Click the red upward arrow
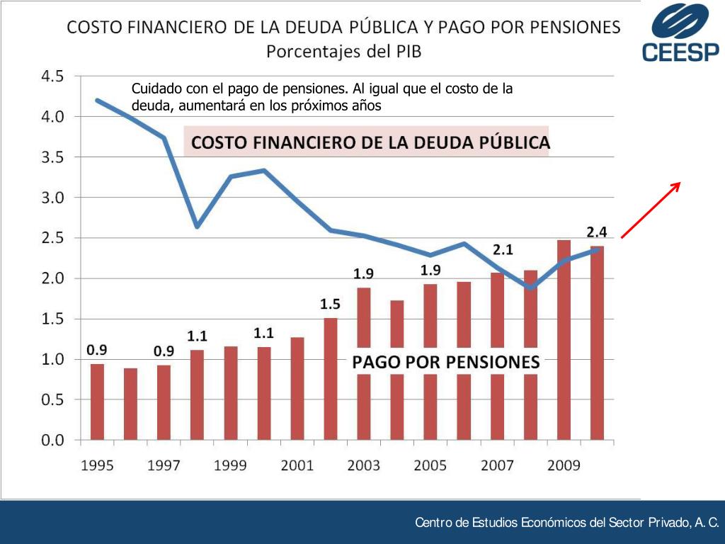pyautogui.click(x=650, y=210)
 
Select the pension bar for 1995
pyautogui.click(x=97, y=402)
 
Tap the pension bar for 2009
pyautogui.click(x=564, y=340)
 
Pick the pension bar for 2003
pyautogui.click(x=363, y=363)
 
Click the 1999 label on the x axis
pyautogui.click(x=230, y=465)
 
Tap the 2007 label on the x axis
pyautogui.click(x=497, y=465)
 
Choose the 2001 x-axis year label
pyautogui.click(x=297, y=465)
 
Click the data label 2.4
pyautogui.click(x=597, y=232)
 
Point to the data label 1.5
pyautogui.click(x=330, y=305)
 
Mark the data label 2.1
pyautogui.click(x=503, y=249)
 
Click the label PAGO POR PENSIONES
pyautogui.click(x=446, y=362)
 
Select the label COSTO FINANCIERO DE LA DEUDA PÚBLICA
pyautogui.click(x=370, y=142)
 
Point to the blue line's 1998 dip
pyautogui.click(x=197, y=226)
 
